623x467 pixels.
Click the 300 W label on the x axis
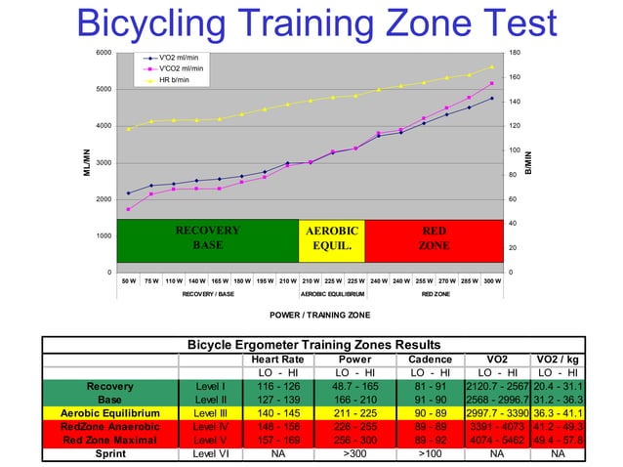[x=491, y=280]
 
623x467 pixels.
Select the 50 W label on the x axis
[x=128, y=280]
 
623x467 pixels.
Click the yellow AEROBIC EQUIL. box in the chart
[x=332, y=239]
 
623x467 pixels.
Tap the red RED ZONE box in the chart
[x=434, y=239]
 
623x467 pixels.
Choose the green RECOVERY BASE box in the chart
[x=207, y=239]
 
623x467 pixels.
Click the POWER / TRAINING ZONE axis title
[x=311, y=315]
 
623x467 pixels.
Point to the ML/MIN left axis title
[x=87, y=162]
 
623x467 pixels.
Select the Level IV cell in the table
[x=210, y=427]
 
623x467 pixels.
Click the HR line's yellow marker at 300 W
[x=491, y=67]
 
